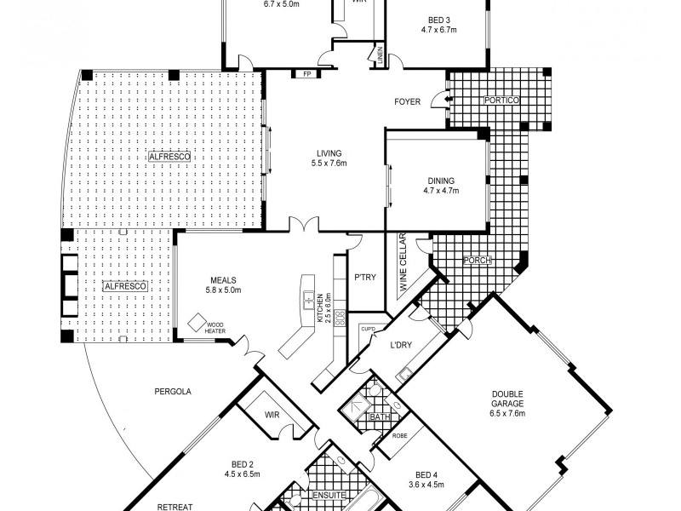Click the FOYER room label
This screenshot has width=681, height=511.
407,102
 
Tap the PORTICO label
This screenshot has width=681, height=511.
501,100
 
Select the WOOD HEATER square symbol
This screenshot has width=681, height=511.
197,323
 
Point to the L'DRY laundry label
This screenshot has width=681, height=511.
401,345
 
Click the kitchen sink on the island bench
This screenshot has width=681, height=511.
309,300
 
